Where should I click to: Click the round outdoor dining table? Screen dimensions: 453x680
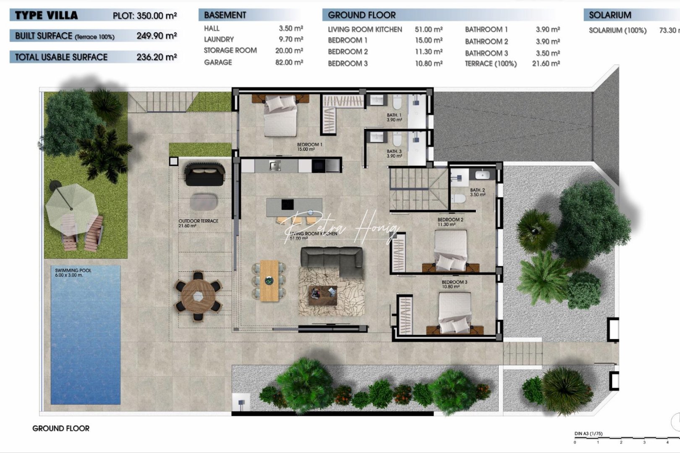point(198,296)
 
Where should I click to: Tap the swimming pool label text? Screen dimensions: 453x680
point(73,273)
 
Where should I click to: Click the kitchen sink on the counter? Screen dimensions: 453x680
point(275,166)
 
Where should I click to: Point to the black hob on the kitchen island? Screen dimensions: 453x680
point(288,204)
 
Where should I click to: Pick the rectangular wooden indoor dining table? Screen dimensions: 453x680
point(269,280)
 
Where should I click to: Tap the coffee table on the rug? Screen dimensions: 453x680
point(323,295)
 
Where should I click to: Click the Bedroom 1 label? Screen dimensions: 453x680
point(309,147)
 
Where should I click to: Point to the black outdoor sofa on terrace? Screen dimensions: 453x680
point(204,174)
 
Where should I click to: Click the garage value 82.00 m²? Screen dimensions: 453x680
point(289,62)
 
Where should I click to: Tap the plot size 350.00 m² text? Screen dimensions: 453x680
point(157,16)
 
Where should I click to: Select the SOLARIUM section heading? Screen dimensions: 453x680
point(609,15)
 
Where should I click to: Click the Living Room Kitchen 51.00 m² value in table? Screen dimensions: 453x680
point(428,29)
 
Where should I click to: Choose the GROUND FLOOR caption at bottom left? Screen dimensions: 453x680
point(61,428)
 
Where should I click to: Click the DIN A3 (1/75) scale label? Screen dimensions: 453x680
point(588,434)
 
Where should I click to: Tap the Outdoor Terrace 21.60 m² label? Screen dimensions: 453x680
point(198,223)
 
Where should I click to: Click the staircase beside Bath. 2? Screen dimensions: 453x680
point(417,189)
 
